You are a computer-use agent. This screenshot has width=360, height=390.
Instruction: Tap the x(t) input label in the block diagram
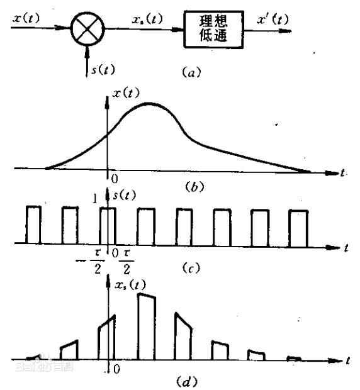click(26, 18)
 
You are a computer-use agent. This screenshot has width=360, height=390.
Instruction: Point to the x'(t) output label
click(273, 19)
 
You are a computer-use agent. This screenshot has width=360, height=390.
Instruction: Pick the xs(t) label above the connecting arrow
click(147, 19)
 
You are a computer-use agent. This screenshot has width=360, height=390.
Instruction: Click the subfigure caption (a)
click(191, 72)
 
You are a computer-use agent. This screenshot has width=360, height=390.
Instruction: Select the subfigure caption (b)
click(194, 187)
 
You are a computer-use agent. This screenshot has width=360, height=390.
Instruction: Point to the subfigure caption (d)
click(186, 381)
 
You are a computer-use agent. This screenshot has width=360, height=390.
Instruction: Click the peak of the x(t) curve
click(149, 103)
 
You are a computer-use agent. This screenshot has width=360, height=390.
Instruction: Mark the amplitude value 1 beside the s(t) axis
click(95, 199)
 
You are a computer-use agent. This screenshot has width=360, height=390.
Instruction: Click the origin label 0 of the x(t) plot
click(115, 179)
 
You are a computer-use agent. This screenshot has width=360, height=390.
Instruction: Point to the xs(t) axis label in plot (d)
click(130, 285)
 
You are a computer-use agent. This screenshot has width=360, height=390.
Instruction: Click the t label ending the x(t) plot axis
click(343, 172)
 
